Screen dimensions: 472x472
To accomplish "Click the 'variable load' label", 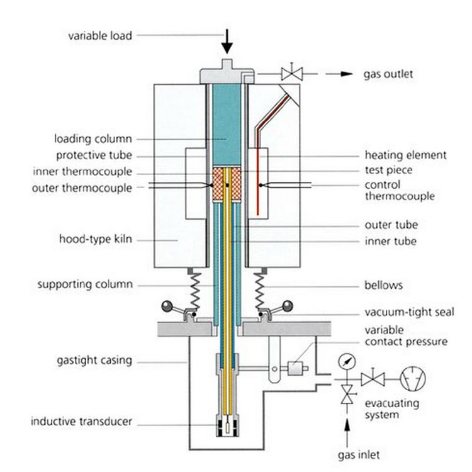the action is point(100,36).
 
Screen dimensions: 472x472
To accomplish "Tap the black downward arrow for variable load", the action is point(227,42).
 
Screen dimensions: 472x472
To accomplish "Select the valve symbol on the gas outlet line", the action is point(291,74).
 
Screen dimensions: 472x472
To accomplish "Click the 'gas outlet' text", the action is point(388,74).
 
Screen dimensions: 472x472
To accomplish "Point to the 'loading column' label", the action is point(93,139).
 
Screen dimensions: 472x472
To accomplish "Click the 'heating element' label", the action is point(405,155).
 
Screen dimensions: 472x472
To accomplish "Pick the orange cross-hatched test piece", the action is point(227,184).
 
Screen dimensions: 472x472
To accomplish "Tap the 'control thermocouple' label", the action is point(400,190).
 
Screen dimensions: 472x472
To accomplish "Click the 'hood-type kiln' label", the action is point(96,239).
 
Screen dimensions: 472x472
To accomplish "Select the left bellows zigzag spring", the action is point(195,291).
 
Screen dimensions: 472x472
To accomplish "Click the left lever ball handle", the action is point(167,306).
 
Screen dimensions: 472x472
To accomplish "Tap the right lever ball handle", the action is point(287,306).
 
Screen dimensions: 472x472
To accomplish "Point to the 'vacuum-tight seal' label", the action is point(410,312).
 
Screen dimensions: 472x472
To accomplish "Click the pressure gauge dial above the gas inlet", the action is point(347,362).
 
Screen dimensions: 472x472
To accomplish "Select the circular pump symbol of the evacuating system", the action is point(413,379).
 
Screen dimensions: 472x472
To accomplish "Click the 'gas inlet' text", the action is point(359,454).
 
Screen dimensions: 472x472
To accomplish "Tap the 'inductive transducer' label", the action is point(81,421).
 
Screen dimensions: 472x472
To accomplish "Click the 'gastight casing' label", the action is point(94,361).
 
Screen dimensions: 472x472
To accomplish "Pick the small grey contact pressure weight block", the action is point(295,368).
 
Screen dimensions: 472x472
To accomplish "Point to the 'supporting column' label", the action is point(85,284).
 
